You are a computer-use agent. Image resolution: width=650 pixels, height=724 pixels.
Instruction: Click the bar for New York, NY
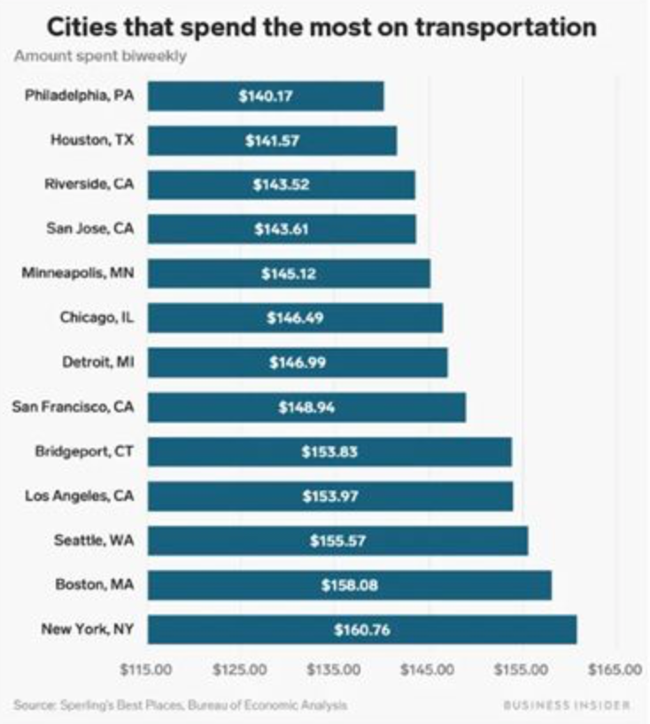[361, 629]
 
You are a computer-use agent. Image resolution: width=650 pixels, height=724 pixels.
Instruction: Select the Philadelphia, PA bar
[266, 96]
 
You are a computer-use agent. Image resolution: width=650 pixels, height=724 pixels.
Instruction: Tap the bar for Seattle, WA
[337, 541]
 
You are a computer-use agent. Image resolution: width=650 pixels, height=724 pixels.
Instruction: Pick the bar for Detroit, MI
[298, 363]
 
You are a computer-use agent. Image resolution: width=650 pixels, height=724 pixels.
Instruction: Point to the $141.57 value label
[272, 140]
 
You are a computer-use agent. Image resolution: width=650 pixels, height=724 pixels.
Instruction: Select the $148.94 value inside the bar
[306, 407]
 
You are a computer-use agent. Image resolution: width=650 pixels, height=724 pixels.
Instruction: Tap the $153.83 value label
[329, 451]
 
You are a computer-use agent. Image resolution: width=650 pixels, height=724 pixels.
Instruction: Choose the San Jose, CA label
[90, 228]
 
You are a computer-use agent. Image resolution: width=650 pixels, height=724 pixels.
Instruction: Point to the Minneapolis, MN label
[79, 273]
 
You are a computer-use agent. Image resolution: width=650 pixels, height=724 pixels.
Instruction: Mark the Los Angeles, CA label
[80, 496]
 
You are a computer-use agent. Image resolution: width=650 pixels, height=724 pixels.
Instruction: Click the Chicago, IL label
[98, 318]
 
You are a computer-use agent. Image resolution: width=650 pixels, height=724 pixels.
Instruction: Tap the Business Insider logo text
[567, 705]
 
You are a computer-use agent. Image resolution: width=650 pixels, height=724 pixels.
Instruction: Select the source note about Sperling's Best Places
[180, 705]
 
